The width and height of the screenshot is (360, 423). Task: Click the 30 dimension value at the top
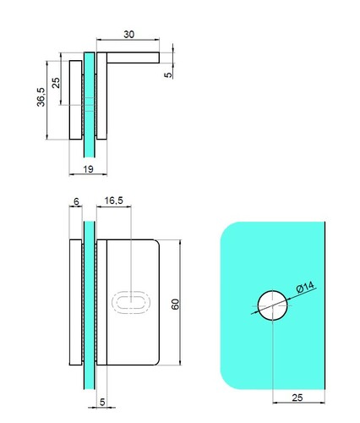[128, 35]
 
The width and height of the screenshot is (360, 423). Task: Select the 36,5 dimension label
[41, 97]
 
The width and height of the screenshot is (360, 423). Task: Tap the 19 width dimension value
[88, 169]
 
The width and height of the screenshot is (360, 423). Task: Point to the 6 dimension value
[76, 201]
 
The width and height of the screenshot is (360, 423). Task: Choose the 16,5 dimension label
[114, 201]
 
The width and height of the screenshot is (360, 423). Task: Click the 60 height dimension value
[175, 305]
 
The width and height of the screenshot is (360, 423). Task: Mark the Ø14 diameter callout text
[305, 288]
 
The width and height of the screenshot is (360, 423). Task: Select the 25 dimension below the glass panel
[297, 398]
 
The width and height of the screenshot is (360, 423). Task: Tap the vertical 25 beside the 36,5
[56, 83]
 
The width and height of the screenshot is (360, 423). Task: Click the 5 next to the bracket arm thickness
[168, 74]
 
